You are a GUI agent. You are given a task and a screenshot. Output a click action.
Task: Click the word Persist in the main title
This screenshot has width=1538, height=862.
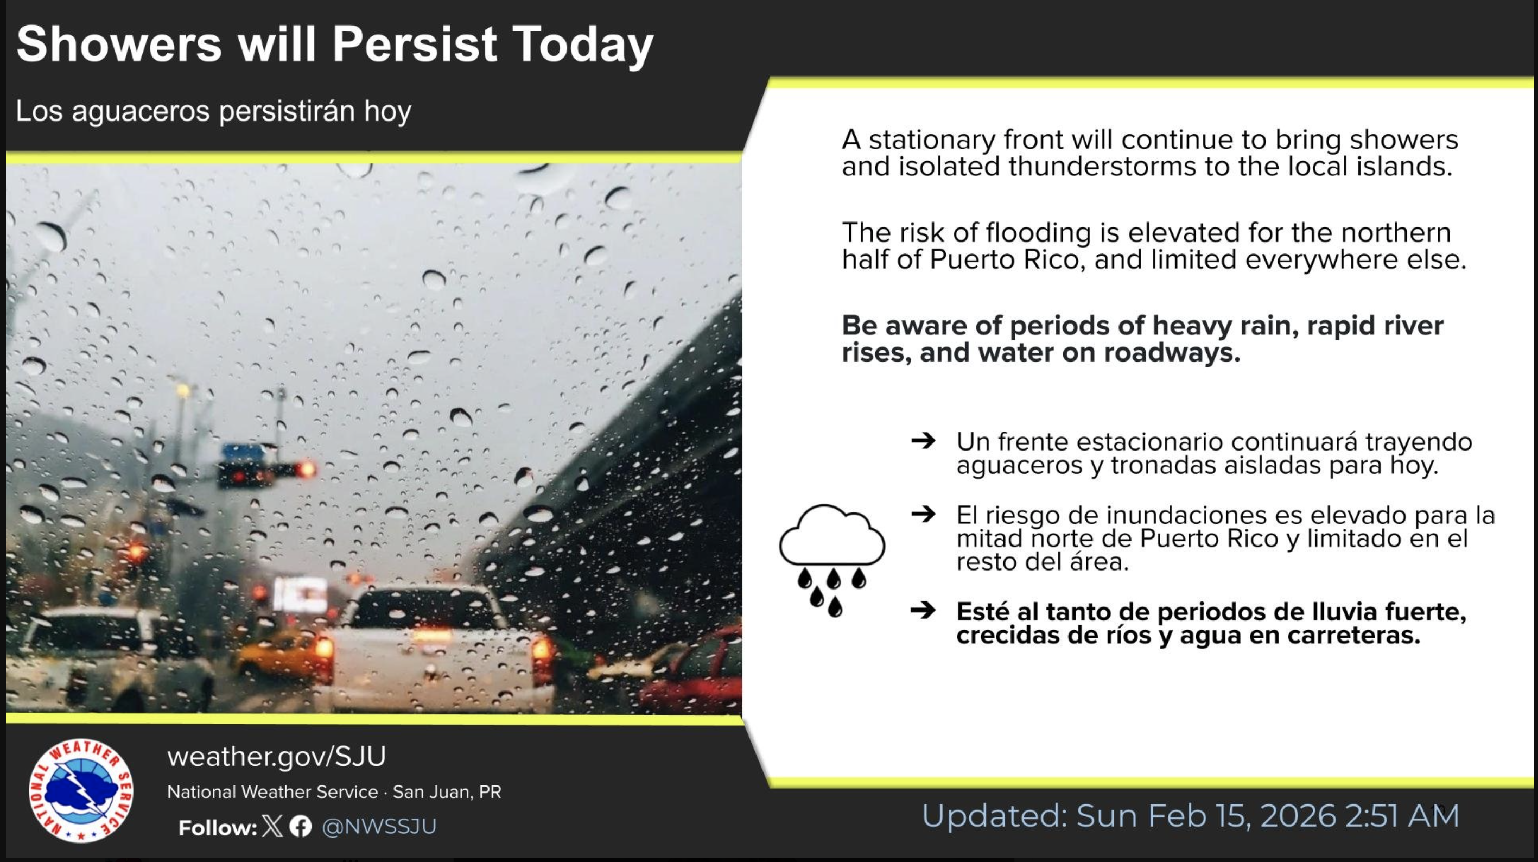(x=415, y=43)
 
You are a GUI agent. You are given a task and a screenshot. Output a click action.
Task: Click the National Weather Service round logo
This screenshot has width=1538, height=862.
(x=81, y=790)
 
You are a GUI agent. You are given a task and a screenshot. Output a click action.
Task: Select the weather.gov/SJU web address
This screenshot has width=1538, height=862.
(x=276, y=757)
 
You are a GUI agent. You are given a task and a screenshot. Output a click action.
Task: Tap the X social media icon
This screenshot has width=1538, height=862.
(x=272, y=827)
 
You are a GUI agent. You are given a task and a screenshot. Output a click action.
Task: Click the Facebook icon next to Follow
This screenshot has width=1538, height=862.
(x=300, y=827)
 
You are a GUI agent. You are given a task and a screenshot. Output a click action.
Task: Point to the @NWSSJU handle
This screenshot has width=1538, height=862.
(x=379, y=827)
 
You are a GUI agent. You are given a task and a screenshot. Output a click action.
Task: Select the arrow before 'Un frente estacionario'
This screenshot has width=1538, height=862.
(x=923, y=441)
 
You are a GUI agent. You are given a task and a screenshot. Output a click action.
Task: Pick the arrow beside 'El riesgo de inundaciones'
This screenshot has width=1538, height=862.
(x=923, y=514)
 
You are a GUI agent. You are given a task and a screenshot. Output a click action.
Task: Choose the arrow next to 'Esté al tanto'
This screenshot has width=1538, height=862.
(x=923, y=611)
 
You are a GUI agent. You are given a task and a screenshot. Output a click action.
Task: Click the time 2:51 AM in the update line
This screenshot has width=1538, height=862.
(x=1402, y=816)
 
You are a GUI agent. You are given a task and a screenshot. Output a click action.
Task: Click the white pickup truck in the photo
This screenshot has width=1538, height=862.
(x=434, y=648)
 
